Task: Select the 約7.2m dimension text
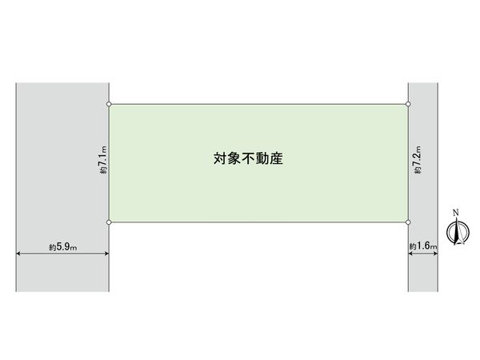(x=417, y=162)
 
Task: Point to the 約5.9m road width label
(x=62, y=247)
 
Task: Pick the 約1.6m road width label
(x=423, y=247)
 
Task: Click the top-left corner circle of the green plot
(x=110, y=104)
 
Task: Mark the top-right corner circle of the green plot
(x=409, y=104)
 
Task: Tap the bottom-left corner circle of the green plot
(x=110, y=222)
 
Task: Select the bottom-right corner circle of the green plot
(x=409, y=222)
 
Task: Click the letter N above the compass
(x=456, y=213)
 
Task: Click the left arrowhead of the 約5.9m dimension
(x=18, y=254)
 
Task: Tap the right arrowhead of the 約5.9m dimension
(x=107, y=254)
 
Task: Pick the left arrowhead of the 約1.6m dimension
(x=411, y=254)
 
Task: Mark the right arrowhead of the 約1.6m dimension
(x=436, y=254)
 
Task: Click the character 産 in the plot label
(x=277, y=159)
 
